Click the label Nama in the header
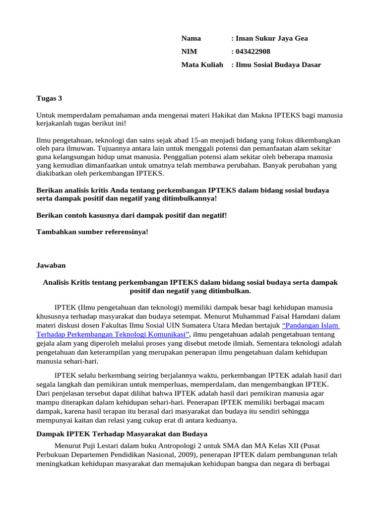point(191,39)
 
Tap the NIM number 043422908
point(253,52)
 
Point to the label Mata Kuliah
point(202,65)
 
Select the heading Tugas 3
point(50,98)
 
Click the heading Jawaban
point(51,265)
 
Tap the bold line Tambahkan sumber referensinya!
point(93,232)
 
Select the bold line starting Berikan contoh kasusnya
point(131,215)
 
